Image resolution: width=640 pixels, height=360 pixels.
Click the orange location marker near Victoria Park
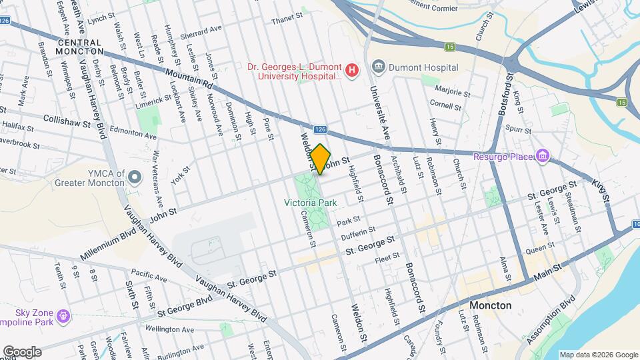pyautogui.click(x=321, y=159)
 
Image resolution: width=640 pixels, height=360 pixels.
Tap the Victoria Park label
pyautogui.click(x=310, y=202)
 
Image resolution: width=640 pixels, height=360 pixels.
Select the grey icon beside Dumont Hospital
pyautogui.click(x=379, y=67)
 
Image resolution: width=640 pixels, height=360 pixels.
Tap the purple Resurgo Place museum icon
pyautogui.click(x=544, y=157)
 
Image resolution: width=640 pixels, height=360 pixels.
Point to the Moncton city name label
pyautogui.click(x=490, y=305)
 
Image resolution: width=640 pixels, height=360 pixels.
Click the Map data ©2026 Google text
pyautogui.click(x=598, y=355)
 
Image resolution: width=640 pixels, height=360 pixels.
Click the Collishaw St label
pyautogui.click(x=71, y=118)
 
